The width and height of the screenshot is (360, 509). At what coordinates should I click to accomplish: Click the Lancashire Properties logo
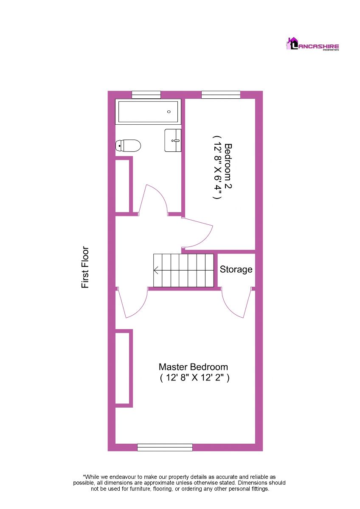click(x=312, y=44)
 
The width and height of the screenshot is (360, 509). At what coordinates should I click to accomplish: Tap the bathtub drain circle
click(x=169, y=112)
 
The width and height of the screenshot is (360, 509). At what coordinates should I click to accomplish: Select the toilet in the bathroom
click(x=128, y=145)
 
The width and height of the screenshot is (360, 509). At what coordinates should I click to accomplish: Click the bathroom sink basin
click(x=173, y=140)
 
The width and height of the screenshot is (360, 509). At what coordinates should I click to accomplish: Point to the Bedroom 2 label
click(x=228, y=166)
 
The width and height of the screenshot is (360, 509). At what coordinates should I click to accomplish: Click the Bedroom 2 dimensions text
click(x=217, y=168)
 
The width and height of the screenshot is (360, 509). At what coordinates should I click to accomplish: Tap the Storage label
click(x=236, y=269)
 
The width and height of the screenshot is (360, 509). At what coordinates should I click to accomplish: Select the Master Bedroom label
click(x=193, y=367)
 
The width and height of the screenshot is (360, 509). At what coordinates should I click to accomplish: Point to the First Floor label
click(x=85, y=268)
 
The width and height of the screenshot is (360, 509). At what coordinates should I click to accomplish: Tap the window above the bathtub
click(x=146, y=95)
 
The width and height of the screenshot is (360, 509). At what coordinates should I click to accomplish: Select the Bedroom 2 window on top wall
click(x=221, y=95)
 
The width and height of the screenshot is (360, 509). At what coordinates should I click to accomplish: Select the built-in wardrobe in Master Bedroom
click(x=123, y=368)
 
